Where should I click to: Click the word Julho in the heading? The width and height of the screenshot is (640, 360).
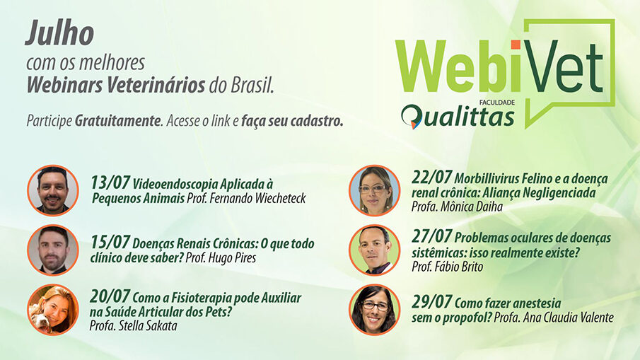60,33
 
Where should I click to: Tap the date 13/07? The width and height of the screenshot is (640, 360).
110,182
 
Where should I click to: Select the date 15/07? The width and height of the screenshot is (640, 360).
110,242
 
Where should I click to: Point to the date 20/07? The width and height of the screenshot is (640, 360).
110,296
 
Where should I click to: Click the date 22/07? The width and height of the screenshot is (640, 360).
431,177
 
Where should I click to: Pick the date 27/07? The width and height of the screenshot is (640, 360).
431,236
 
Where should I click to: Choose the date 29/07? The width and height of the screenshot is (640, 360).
431,301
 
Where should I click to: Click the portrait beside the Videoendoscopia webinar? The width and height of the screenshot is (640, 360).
53,190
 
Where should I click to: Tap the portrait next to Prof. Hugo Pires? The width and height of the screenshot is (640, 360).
53,250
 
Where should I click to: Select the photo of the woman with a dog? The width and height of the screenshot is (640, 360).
53,309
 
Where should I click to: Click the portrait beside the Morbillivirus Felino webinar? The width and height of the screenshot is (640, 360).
374,190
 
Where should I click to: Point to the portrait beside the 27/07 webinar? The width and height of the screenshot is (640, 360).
374,250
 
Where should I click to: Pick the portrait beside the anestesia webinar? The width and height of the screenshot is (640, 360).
374,309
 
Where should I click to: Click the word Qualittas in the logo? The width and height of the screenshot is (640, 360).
458,117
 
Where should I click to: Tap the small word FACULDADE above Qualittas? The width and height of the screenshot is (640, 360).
497,103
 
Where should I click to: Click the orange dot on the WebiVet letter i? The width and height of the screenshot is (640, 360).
516,45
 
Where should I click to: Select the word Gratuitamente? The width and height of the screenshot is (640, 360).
118,121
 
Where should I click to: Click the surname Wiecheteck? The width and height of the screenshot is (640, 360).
281,198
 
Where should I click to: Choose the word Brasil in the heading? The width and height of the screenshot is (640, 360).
252,85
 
